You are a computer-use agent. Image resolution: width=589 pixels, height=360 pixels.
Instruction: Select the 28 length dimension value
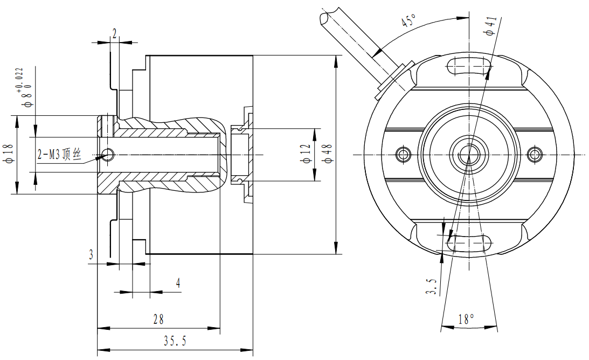tap(158, 320)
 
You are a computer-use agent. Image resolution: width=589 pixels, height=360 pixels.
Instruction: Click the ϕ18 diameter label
tap(8, 154)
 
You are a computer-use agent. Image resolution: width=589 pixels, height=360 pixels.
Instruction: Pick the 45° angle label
tap(409, 22)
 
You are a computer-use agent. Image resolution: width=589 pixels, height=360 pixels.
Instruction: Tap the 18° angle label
tap(466, 319)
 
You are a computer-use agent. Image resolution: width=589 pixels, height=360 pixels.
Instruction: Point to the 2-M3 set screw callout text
tap(59, 155)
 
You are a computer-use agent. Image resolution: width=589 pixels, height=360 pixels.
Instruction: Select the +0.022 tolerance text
tap(20, 79)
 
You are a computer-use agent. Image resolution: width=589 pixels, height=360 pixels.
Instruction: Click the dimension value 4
tap(178, 283)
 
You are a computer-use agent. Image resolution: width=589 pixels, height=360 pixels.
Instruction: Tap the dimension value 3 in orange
tap(91, 254)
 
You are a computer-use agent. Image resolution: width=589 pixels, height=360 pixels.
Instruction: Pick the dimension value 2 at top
tap(114, 33)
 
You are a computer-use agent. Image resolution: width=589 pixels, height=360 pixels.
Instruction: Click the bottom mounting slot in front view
tap(469, 243)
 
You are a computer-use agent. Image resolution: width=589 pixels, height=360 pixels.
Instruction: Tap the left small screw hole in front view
tap(402, 154)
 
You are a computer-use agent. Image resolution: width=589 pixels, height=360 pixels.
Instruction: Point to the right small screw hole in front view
tap(536, 154)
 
